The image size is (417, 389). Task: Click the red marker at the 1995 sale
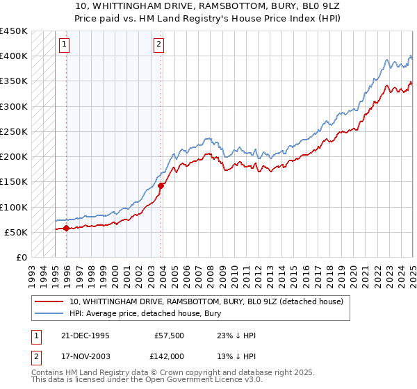pyautogui.click(x=66, y=228)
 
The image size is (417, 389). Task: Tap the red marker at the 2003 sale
pyautogui.click(x=161, y=185)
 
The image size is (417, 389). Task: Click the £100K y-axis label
pyautogui.click(x=14, y=207)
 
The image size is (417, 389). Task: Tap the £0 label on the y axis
pyautogui.click(x=21, y=257)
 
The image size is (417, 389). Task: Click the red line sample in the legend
pyautogui.click(x=49, y=301)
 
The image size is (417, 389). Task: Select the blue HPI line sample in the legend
pyautogui.click(x=49, y=314)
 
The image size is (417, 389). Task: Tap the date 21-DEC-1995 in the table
pyautogui.click(x=85, y=336)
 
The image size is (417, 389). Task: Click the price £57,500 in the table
pyautogui.click(x=170, y=336)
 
